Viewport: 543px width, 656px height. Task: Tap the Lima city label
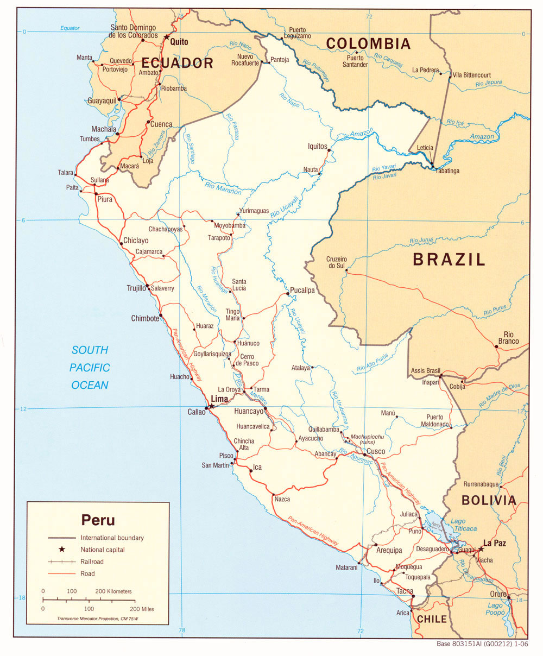tap(219, 399)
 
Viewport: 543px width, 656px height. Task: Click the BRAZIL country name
tap(449, 259)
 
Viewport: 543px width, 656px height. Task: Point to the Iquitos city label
tap(318, 146)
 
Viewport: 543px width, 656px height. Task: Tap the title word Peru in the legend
tap(98, 520)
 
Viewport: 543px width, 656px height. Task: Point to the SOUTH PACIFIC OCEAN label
tap(90, 368)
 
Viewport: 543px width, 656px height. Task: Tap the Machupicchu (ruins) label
tap(369, 440)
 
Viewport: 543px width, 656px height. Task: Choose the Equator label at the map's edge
tap(70, 28)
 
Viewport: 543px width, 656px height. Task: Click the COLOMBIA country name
tap(368, 43)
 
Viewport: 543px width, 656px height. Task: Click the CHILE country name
tap(432, 619)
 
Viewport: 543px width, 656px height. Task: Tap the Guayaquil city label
tap(103, 100)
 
